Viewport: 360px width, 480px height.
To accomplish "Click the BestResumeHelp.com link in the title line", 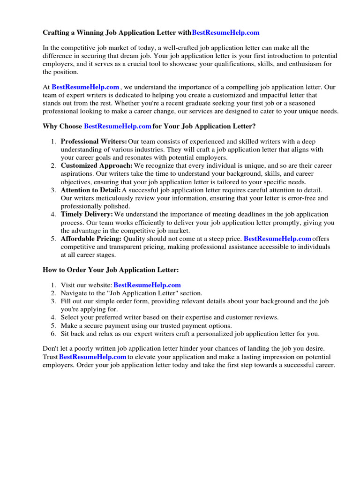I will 225,33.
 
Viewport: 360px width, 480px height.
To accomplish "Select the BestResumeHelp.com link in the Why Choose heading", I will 117,127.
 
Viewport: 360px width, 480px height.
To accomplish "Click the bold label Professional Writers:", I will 94,142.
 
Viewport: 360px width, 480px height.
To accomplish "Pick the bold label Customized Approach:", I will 97,166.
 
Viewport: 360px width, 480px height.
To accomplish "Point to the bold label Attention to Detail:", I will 90,190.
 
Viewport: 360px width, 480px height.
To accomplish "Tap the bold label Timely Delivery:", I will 87,215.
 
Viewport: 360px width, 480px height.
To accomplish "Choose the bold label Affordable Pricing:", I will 91,239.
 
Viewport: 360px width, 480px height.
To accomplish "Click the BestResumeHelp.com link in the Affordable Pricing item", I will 277,239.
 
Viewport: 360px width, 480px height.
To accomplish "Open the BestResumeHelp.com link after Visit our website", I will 147,285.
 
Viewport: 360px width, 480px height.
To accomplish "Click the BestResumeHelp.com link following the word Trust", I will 93,357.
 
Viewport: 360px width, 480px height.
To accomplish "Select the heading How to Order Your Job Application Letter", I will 111,270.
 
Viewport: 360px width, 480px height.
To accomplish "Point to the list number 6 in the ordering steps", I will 53,334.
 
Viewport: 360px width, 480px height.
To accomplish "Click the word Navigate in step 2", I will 74,293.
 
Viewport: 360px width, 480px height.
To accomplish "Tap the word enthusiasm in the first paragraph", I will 299,64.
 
